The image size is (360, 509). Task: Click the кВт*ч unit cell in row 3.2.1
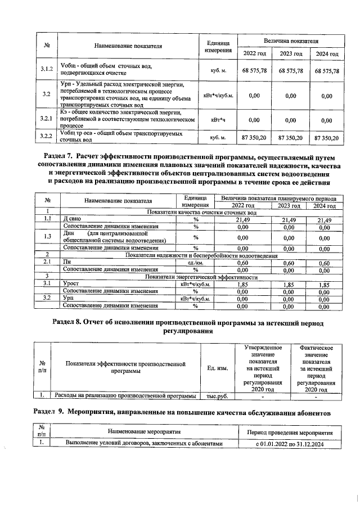[x=218, y=119]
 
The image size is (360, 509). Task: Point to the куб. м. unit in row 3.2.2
[x=218, y=137]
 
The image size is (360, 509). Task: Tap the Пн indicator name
[x=67, y=262]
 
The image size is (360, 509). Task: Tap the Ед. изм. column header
[x=217, y=368]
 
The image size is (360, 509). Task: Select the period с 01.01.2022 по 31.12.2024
[x=287, y=444]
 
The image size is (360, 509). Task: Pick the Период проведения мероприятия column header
[x=287, y=431]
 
